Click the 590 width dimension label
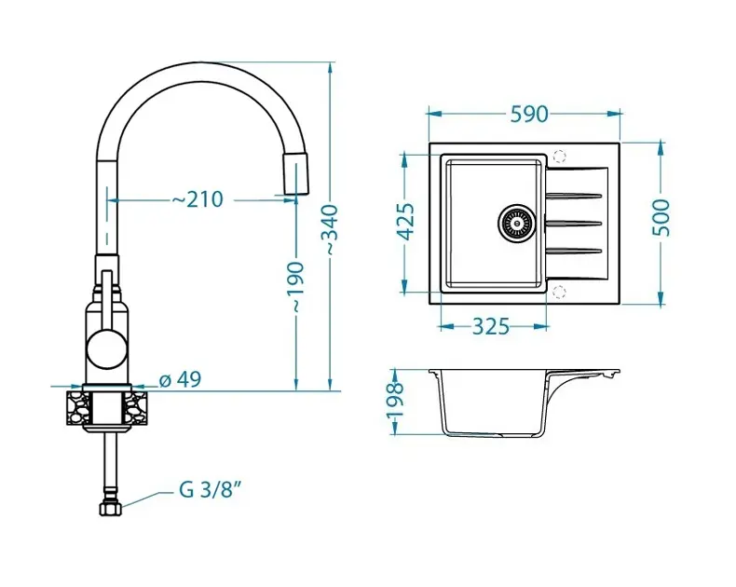tap(527, 114)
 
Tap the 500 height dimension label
tap(661, 218)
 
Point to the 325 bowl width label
tap(489, 326)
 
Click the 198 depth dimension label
tap(395, 401)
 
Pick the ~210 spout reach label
tap(197, 198)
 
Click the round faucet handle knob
tap(105, 351)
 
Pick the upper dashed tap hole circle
tap(559, 157)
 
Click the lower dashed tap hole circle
tap(559, 293)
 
